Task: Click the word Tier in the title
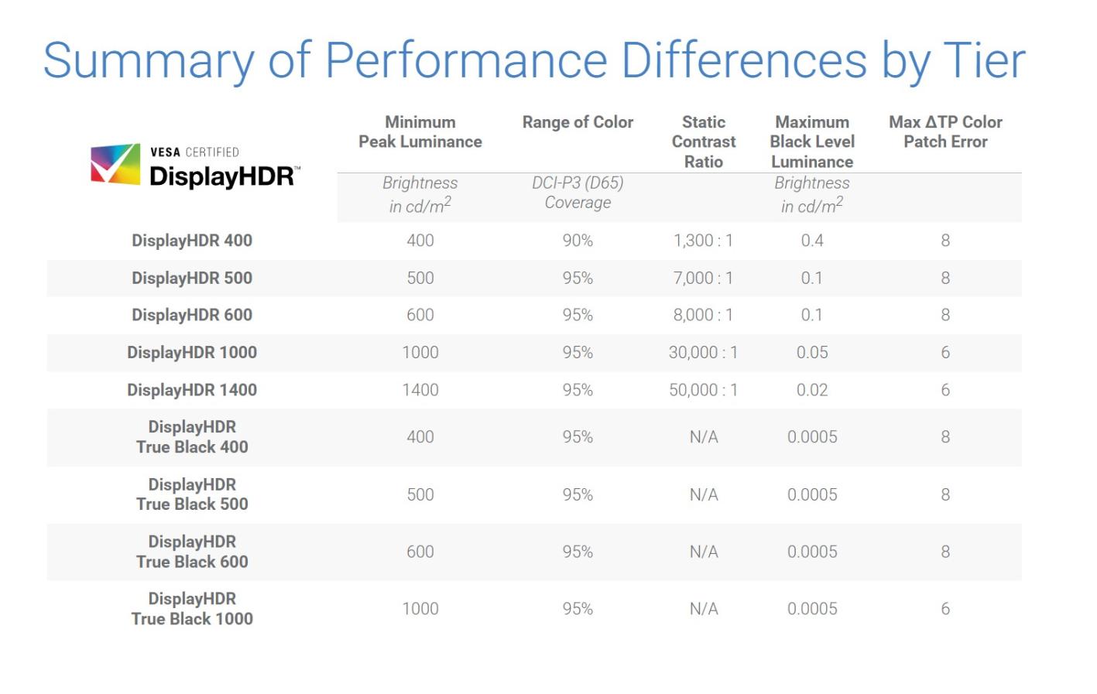(984, 60)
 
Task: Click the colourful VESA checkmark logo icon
(115, 163)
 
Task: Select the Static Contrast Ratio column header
(703, 142)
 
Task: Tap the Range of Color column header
(578, 122)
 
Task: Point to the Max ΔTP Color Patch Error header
(945, 132)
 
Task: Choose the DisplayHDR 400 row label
(192, 241)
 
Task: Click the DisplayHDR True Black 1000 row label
(192, 609)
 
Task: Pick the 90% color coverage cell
(578, 241)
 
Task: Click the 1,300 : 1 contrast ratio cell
(703, 241)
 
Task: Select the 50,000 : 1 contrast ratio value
(703, 390)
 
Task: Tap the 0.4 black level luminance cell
(812, 241)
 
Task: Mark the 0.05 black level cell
(812, 353)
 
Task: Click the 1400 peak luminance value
(420, 390)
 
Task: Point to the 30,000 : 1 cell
(703, 353)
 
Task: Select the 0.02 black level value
(812, 390)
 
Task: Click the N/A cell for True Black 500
(704, 494)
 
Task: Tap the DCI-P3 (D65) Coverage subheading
(578, 193)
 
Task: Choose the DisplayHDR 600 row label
(192, 315)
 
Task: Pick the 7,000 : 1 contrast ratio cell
(703, 278)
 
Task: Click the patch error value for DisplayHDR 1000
(945, 353)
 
